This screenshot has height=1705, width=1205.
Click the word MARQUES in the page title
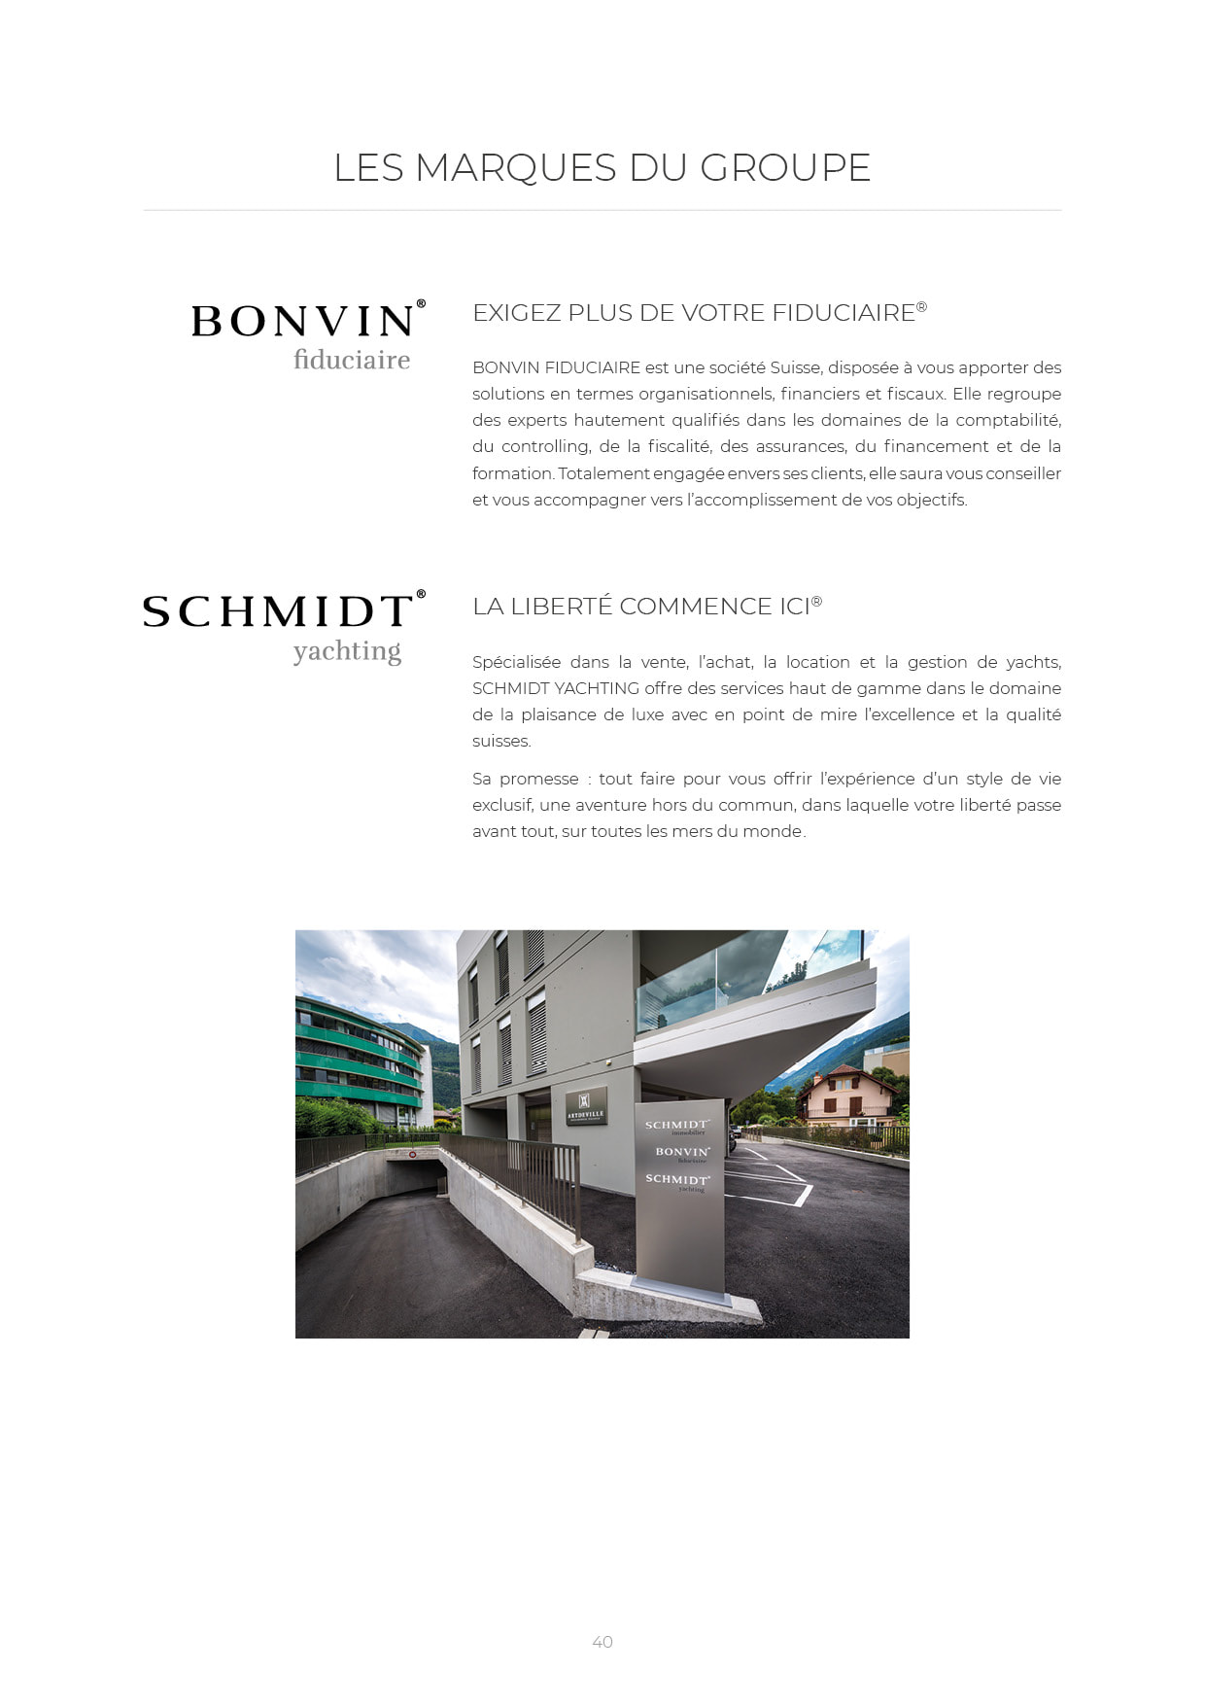click(x=515, y=167)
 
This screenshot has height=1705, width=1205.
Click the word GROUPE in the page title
click(x=785, y=167)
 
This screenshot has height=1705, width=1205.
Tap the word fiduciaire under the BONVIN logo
click(x=352, y=360)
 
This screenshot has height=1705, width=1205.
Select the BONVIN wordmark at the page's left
click(x=303, y=322)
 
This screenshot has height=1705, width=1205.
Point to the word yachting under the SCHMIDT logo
click(x=347, y=650)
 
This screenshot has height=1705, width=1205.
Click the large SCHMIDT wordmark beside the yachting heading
click(x=278, y=611)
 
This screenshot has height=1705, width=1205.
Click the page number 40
click(x=602, y=1642)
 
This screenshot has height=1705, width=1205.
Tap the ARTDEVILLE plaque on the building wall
click(x=586, y=1107)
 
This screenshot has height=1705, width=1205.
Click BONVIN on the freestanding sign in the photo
click(x=682, y=1152)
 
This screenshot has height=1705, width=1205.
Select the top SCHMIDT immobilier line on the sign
click(x=677, y=1126)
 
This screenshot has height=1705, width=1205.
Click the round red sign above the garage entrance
click(x=412, y=1155)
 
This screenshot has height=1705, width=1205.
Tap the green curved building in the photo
click(x=356, y=1060)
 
